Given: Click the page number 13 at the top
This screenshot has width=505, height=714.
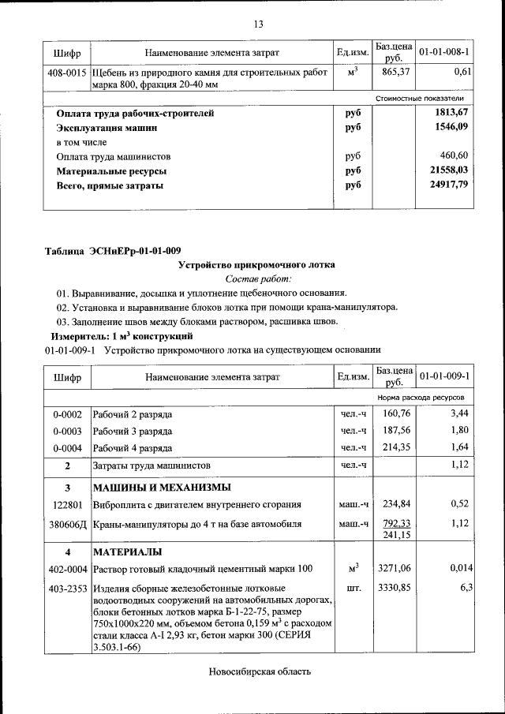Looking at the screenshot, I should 257,24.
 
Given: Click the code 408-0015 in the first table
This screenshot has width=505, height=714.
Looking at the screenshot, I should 66,72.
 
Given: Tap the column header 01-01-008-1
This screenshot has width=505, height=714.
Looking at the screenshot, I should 444,52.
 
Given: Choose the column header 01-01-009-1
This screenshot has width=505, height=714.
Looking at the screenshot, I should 444,376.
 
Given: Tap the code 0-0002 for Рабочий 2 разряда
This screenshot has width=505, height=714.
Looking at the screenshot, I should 67,413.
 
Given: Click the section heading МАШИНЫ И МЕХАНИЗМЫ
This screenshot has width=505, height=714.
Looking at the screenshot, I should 162,486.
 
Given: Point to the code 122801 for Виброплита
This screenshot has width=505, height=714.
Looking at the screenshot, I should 67,504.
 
